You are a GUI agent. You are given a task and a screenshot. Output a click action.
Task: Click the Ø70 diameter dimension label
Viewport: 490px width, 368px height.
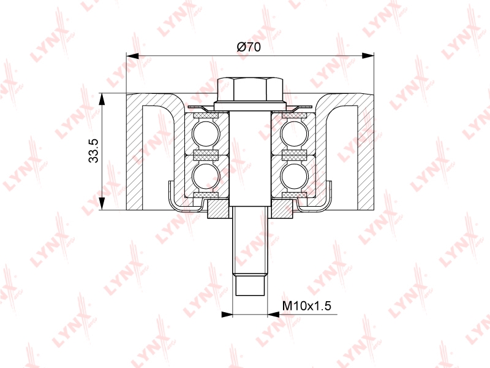click(249, 47)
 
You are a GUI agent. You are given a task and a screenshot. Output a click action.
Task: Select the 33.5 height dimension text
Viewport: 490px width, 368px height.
click(94, 151)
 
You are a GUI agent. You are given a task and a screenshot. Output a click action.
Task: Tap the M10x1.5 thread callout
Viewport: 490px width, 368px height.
click(307, 305)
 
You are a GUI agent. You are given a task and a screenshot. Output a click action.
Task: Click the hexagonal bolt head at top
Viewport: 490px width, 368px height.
click(250, 89)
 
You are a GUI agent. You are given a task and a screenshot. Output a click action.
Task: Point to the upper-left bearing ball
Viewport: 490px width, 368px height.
click(206, 134)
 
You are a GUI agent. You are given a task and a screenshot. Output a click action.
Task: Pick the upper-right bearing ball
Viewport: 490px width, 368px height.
click(295, 134)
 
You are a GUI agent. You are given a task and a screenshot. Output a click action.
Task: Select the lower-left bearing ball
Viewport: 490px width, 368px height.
click(206, 176)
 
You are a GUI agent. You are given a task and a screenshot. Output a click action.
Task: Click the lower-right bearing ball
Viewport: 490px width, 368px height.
click(295, 176)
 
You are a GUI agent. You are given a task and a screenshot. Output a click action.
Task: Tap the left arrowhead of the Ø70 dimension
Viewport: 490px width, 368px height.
click(132, 56)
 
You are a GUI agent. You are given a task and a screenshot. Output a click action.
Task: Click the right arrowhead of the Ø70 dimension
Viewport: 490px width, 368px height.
click(368, 56)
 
